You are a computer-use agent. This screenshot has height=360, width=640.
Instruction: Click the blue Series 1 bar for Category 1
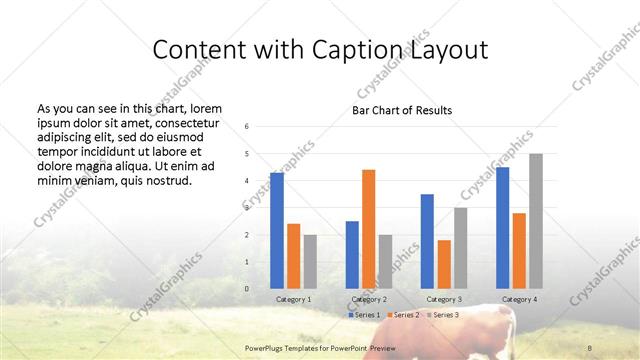[277, 231]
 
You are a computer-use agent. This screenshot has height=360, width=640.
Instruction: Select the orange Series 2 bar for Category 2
[368, 229]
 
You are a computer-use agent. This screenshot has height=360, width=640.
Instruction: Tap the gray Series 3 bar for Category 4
[536, 221]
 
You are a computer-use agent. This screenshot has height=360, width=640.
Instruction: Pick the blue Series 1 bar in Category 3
[427, 241]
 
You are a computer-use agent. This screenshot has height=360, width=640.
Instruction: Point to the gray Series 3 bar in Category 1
[310, 262]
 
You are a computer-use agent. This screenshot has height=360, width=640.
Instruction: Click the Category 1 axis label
[294, 299]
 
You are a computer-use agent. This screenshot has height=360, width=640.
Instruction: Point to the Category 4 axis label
[519, 299]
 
